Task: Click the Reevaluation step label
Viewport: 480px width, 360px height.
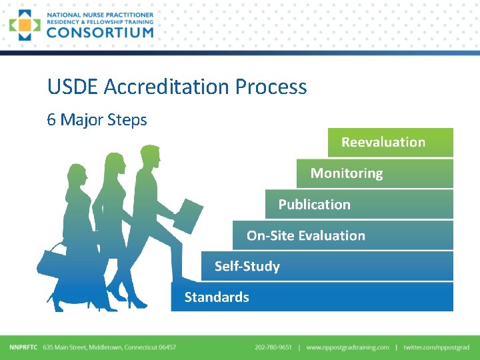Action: coord(383,142)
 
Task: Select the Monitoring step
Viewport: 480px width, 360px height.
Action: coord(347,173)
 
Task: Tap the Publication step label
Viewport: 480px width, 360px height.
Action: coord(314,205)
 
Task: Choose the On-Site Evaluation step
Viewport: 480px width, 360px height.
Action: coord(305,235)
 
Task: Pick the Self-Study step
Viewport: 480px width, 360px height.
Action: coord(247,267)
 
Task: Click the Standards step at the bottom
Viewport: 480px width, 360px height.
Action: coord(217,297)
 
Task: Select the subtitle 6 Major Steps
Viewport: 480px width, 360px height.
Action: coord(97,120)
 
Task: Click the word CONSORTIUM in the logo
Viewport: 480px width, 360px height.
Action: coord(100,31)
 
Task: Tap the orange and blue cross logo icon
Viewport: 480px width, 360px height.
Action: coord(25,25)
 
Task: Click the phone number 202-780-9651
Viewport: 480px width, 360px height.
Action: coord(273,347)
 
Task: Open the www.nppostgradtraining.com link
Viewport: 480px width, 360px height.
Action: coord(347,347)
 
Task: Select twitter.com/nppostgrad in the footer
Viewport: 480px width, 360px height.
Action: coord(436,347)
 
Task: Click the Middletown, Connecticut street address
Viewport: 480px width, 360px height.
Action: coord(109,347)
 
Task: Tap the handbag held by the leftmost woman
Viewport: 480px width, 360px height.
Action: coord(52,261)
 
